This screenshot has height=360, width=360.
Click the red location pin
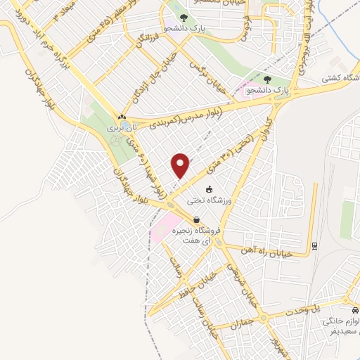(x=181, y=165)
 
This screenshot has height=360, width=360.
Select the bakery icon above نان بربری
(x=122, y=117)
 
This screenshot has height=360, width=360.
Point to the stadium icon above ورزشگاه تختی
(x=208, y=190)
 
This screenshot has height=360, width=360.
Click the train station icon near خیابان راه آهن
(x=314, y=246)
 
